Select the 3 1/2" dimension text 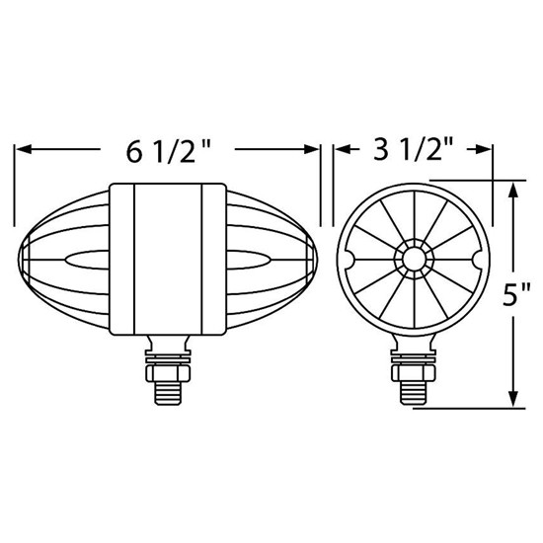tap(414, 150)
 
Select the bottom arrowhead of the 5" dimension tap(511, 403)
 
